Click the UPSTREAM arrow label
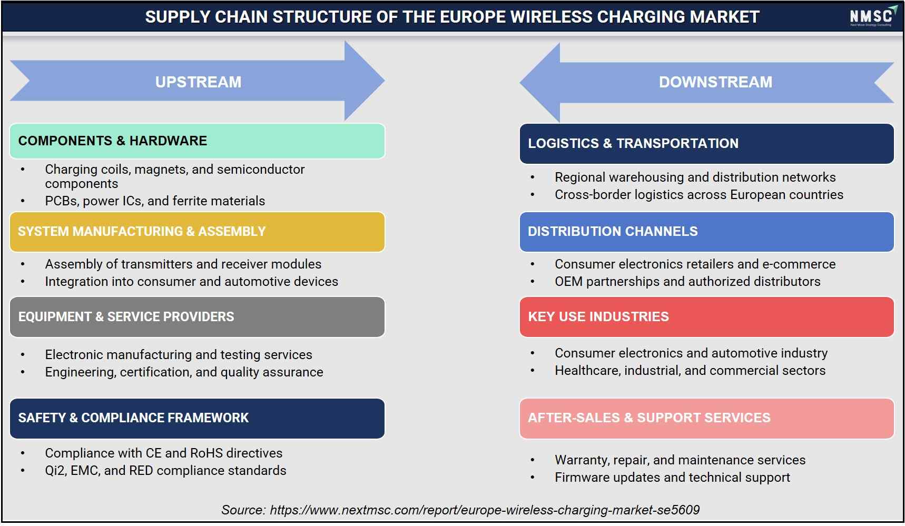pyautogui.click(x=198, y=82)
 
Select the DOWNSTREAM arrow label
pyautogui.click(x=715, y=82)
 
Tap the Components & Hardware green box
pyautogui.click(x=198, y=141)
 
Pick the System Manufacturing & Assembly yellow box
pyautogui.click(x=198, y=232)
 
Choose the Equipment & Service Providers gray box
pyautogui.click(x=198, y=317)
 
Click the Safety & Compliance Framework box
pyautogui.click(x=198, y=418)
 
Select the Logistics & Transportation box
pyautogui.click(x=707, y=144)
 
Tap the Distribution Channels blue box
pyautogui.click(x=707, y=232)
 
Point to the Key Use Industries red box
pyautogui.click(x=707, y=317)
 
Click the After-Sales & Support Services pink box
pyautogui.click(x=707, y=418)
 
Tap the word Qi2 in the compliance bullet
pyautogui.click(x=55, y=471)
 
